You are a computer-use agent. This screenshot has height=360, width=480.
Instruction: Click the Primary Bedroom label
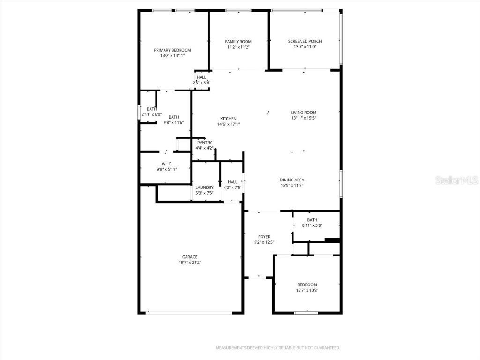[172, 50]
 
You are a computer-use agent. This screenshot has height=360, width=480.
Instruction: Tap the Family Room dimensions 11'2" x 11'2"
[238, 47]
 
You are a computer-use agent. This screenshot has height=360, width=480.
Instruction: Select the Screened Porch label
[305, 41]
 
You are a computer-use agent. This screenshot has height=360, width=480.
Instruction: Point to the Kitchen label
[228, 119]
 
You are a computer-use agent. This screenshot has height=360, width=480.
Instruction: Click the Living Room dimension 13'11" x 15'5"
[304, 118]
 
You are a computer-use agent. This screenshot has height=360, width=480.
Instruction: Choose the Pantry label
[204, 142]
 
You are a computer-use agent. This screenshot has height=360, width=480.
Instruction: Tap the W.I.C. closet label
[167, 164]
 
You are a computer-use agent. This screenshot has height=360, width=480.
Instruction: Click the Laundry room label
[204, 187]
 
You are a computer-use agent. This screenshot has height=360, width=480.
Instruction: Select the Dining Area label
[292, 180]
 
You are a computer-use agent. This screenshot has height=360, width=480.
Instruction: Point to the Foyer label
[264, 237]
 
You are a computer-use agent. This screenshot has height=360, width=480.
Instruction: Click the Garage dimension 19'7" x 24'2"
[190, 262]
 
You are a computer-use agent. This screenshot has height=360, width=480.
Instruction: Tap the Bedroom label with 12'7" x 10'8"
[307, 285]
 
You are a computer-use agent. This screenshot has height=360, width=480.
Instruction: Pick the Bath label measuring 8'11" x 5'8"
[312, 220]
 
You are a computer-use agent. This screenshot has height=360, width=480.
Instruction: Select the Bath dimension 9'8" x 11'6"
[173, 123]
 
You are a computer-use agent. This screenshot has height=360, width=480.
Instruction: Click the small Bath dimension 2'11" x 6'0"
[151, 114]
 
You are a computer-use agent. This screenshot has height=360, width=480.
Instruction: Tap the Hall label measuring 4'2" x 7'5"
[232, 182]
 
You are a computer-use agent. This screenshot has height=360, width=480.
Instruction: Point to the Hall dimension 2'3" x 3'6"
[202, 83]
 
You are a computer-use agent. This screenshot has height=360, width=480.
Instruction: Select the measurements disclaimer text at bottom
[277, 348]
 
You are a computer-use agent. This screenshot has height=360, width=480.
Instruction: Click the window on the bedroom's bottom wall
[306, 313]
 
